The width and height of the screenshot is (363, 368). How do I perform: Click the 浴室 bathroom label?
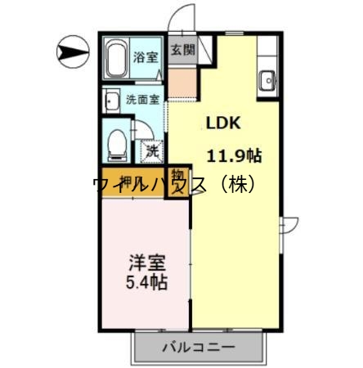pos(146,58)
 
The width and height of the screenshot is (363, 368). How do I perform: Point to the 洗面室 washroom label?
pos(143,100)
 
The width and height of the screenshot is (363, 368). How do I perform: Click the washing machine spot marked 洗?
pos(151,150)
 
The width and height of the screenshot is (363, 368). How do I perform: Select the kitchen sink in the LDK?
pos(267,80)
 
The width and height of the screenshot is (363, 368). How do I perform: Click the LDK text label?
pos(221,123)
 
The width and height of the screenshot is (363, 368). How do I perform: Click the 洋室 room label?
pos(147,264)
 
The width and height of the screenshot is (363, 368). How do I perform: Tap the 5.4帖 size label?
pos(147,284)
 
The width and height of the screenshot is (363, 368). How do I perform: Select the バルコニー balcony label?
pos(197,347)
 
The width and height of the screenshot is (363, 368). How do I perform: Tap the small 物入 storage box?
pos(177,182)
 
